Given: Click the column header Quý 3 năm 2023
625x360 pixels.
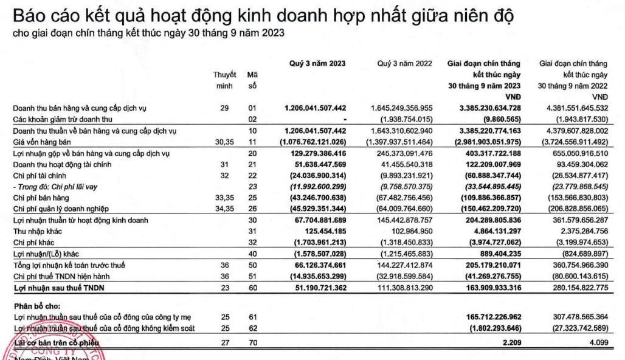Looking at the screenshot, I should (x=316, y=63).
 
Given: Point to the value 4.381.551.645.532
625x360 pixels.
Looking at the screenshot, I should (x=575, y=108).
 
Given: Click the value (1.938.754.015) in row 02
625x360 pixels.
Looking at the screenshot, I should (x=406, y=119).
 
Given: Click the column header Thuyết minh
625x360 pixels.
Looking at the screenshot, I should (x=224, y=80).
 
